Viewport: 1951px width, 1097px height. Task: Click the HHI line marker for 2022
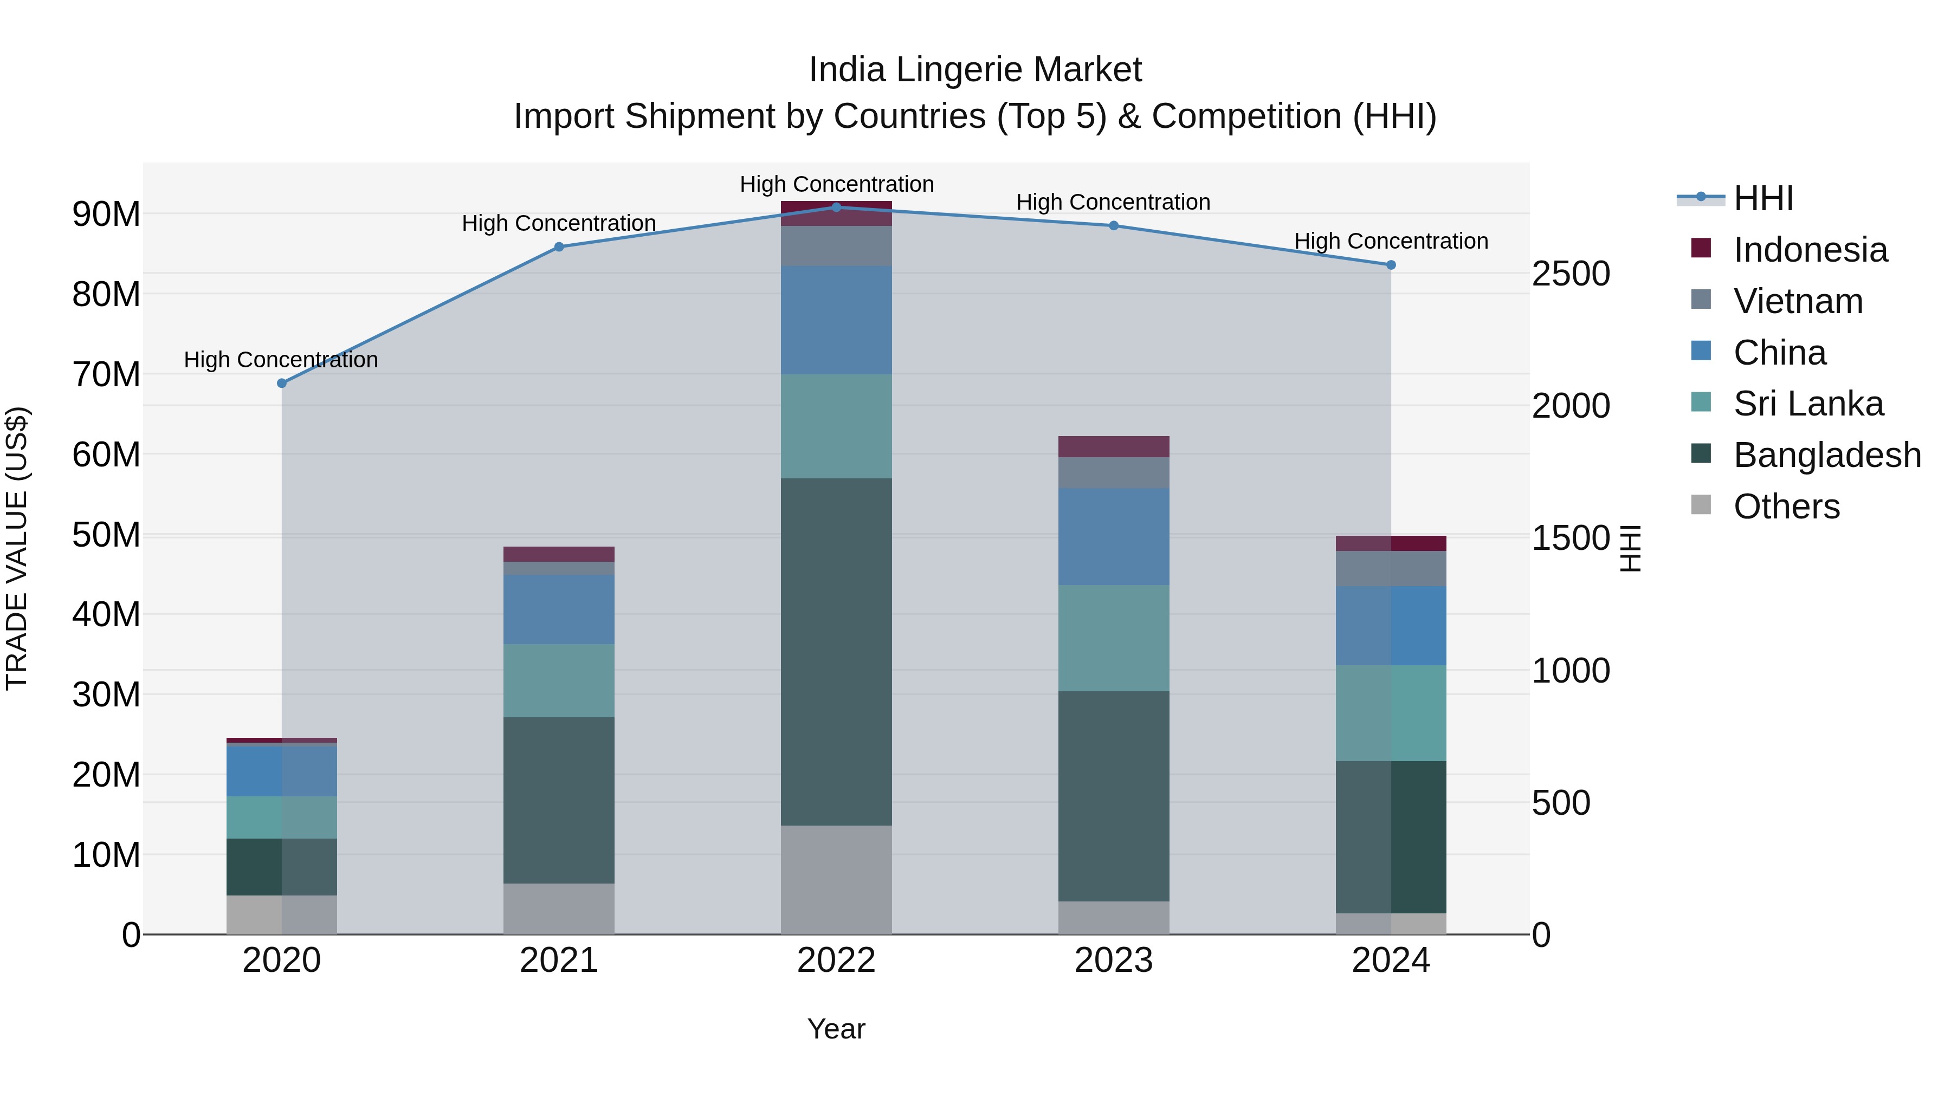(836, 207)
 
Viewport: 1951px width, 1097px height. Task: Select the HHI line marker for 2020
(282, 383)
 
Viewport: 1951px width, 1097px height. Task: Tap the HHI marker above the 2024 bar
(1391, 265)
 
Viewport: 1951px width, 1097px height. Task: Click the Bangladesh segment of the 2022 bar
(836, 651)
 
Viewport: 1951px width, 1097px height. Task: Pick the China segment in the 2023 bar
(1113, 536)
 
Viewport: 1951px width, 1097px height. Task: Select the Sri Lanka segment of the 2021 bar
(559, 680)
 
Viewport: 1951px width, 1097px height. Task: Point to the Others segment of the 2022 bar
(836, 879)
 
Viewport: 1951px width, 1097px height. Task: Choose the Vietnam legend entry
(1797, 301)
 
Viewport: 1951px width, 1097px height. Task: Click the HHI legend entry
(1762, 198)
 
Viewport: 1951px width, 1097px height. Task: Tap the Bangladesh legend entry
(1826, 455)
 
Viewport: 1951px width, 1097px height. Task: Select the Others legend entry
(1786, 507)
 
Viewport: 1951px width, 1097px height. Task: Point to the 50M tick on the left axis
(106, 535)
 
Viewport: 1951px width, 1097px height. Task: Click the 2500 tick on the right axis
(1571, 274)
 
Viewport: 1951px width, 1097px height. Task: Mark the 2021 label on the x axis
(559, 960)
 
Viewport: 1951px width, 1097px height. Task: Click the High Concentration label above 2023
(1113, 202)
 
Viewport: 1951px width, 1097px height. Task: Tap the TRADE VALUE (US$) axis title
(17, 548)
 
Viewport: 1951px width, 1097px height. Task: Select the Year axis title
(836, 1029)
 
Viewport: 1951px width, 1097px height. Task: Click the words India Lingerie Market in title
(975, 70)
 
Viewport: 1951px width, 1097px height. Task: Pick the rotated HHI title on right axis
(1630, 548)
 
